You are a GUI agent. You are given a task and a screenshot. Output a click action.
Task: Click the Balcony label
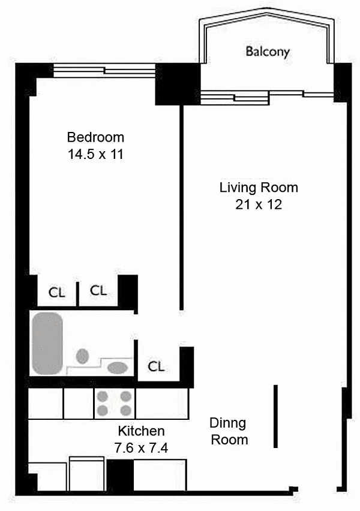[x=268, y=52]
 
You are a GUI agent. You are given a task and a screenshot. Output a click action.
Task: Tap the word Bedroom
[x=95, y=137]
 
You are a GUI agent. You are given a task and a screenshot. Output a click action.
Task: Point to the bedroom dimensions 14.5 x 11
[x=95, y=154]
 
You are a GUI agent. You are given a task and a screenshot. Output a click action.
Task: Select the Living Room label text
[x=259, y=187]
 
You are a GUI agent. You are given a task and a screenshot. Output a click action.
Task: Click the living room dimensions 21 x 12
[x=259, y=205]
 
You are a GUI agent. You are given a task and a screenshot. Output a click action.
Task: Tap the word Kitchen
[x=141, y=431]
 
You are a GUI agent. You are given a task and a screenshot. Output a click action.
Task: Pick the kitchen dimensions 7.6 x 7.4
[x=141, y=448]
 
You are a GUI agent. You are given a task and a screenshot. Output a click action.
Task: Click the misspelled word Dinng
[x=227, y=423]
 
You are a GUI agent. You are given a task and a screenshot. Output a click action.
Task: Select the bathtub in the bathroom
[x=47, y=344]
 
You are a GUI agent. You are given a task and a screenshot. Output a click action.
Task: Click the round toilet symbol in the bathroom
[x=83, y=356]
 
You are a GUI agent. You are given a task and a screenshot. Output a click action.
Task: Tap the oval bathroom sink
[x=118, y=368]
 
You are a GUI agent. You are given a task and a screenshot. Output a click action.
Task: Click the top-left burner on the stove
[x=103, y=396]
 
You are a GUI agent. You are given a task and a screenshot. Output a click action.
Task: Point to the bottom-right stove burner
[x=126, y=410]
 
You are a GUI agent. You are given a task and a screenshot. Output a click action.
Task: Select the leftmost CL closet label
[x=57, y=292]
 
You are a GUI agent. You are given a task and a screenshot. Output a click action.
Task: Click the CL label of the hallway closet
[x=156, y=366]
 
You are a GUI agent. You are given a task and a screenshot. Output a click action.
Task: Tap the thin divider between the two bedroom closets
[x=78, y=294]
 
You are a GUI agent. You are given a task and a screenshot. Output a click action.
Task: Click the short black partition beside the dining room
[x=275, y=416]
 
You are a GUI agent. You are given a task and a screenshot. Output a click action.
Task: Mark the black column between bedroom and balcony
[x=178, y=84]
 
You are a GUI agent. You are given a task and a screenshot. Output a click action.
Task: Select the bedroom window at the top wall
[x=104, y=70]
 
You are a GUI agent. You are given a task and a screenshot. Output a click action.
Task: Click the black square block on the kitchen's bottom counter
[x=121, y=475]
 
